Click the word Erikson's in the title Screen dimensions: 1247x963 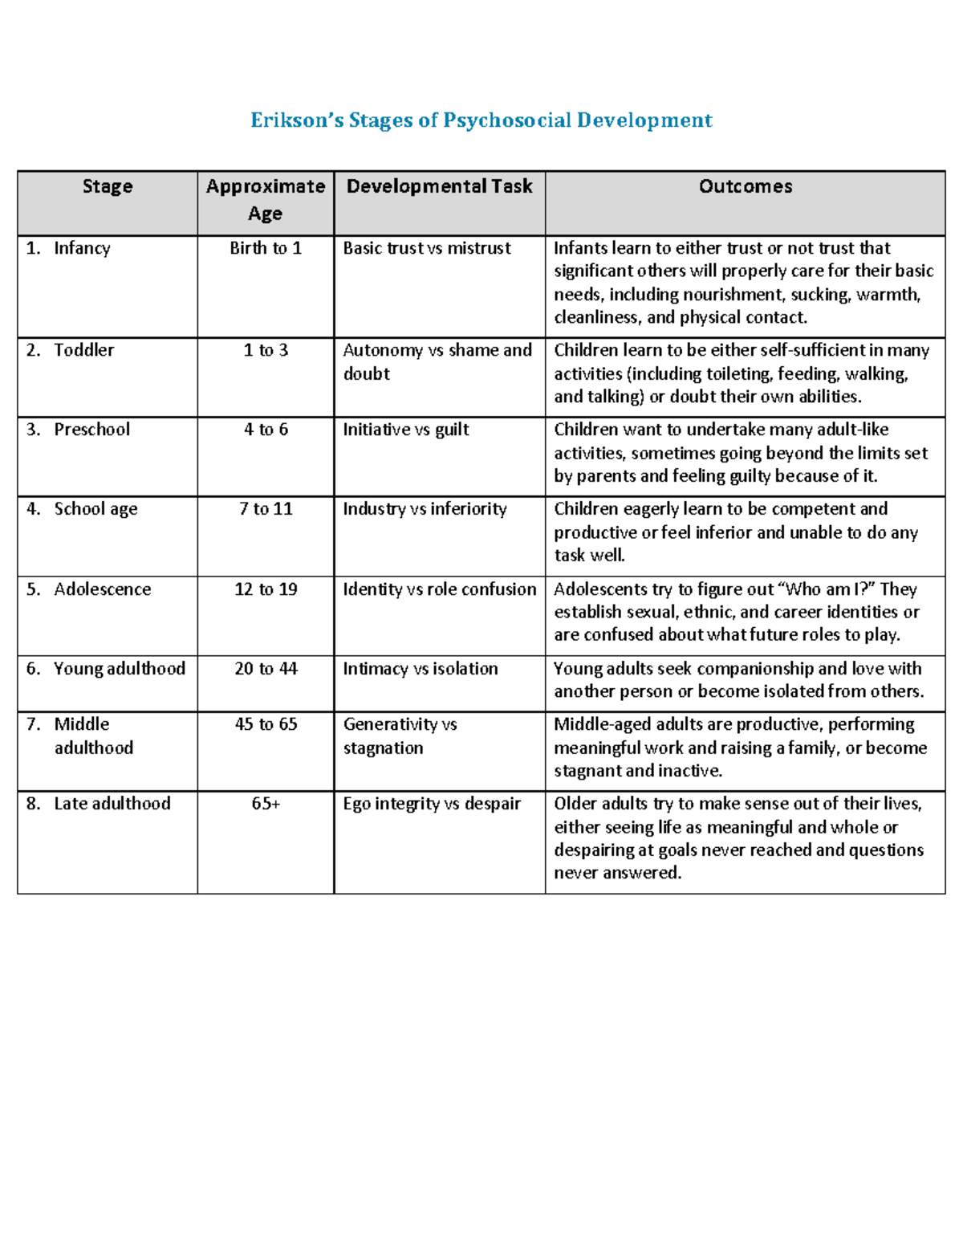(x=296, y=120)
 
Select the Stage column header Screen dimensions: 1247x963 (x=108, y=186)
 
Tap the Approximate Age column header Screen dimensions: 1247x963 (x=266, y=200)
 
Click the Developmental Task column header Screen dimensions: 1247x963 (x=439, y=186)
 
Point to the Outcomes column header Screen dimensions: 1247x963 (x=746, y=186)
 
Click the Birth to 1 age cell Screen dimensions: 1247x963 (x=266, y=248)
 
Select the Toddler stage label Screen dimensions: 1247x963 (x=83, y=350)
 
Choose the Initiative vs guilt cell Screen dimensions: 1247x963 (x=406, y=430)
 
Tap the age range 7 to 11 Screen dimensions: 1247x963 (x=266, y=509)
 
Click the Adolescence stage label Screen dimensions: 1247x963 (x=102, y=589)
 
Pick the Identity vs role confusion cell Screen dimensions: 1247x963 (x=440, y=589)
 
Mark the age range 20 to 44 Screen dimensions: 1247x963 (x=266, y=669)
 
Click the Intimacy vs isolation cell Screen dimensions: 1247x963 (x=421, y=669)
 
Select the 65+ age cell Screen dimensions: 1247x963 (x=266, y=804)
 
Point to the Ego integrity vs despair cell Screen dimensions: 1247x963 (x=432, y=804)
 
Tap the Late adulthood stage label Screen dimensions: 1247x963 (x=112, y=804)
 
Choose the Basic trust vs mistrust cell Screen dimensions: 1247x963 (x=427, y=248)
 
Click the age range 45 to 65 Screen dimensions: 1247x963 (x=266, y=724)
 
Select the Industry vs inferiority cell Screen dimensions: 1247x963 (x=425, y=509)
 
